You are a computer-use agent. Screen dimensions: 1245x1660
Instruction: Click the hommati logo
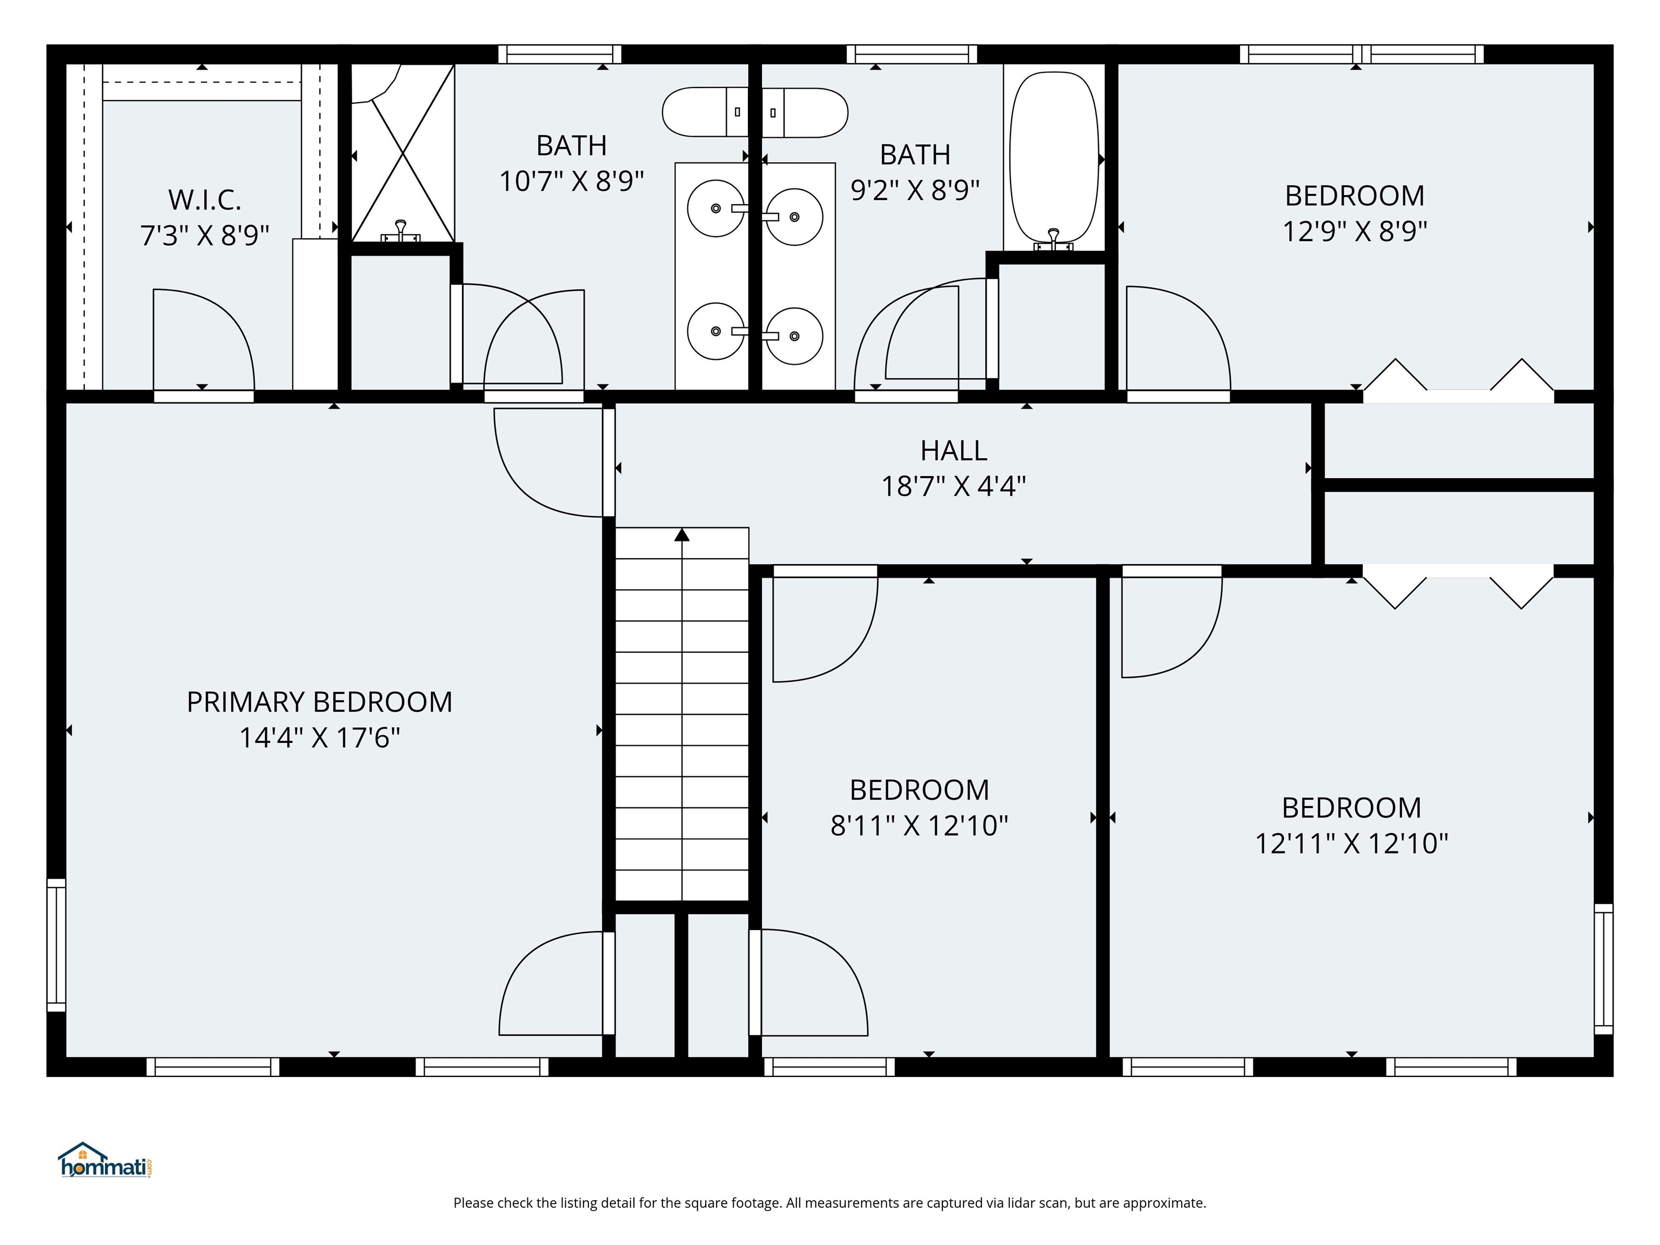tap(105, 1161)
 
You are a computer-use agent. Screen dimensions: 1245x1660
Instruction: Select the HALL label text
tap(953, 450)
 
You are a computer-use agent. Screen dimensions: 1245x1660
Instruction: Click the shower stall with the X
tap(403, 154)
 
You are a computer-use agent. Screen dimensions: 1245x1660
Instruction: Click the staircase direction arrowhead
tap(681, 534)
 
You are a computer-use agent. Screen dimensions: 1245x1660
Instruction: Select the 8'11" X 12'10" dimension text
tap(919, 826)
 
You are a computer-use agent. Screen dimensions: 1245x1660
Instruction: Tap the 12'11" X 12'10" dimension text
tap(1351, 844)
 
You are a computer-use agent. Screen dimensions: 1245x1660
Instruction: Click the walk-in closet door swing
tap(203, 338)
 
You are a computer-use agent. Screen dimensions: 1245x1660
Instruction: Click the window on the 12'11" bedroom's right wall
tap(1603, 969)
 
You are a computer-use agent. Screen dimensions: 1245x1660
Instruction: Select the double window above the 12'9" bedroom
tap(1361, 54)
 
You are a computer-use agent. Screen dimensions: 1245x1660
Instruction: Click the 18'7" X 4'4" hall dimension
tap(953, 486)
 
